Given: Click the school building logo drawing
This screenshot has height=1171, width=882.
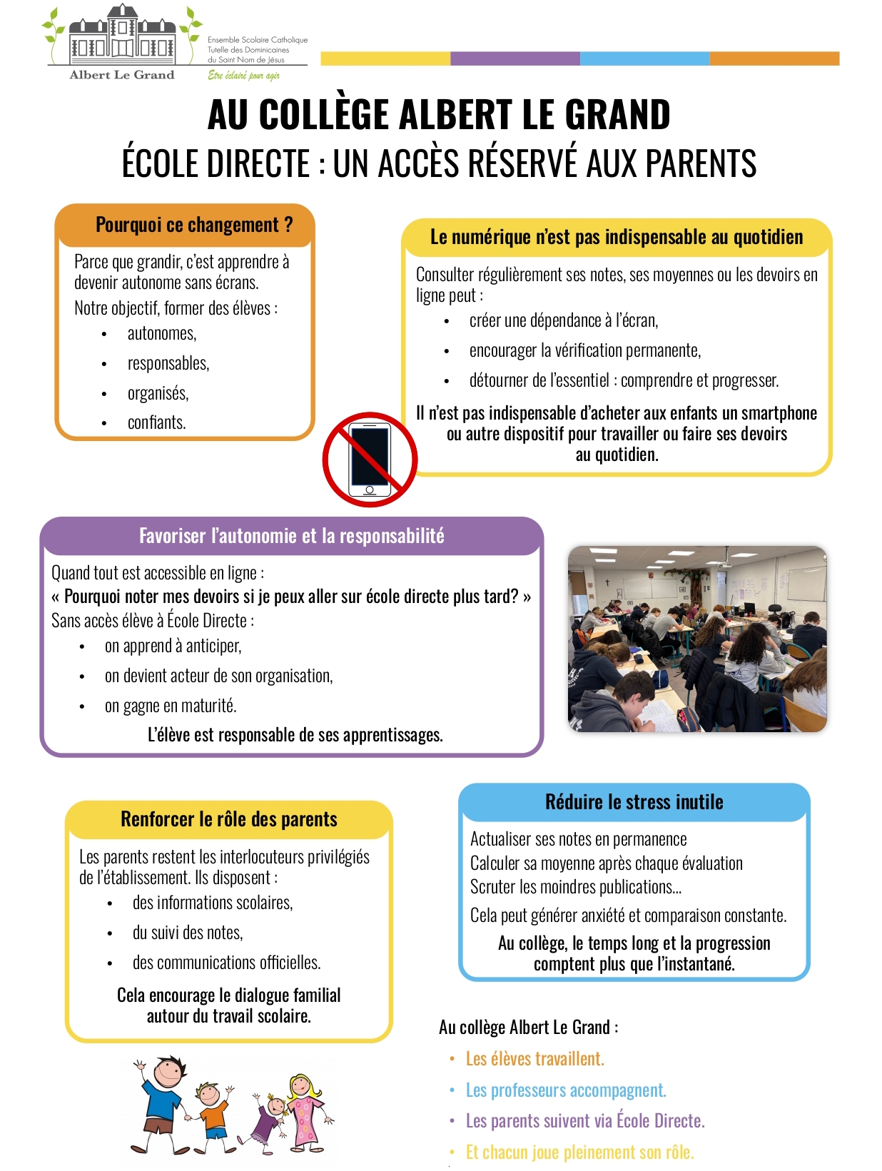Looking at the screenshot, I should (x=122, y=36).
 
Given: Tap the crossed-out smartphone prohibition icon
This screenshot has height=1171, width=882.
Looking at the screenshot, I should (x=370, y=460).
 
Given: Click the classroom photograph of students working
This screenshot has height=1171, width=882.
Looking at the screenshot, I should (x=697, y=639).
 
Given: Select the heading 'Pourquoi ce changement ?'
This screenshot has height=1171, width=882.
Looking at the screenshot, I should (x=194, y=225).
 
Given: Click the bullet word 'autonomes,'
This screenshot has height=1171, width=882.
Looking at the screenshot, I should (x=162, y=333).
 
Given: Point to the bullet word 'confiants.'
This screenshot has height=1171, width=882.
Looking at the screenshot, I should (x=156, y=422).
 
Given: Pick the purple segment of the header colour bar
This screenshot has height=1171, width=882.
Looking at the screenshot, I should (x=515, y=59).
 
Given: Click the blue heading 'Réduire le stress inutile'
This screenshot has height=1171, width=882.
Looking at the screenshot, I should (x=634, y=802).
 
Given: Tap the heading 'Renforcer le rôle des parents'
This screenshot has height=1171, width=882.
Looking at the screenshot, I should (x=229, y=819).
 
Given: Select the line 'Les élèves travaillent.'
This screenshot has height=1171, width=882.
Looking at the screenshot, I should (x=534, y=1059).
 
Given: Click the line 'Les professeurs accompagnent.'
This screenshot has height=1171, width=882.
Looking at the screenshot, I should (x=566, y=1090).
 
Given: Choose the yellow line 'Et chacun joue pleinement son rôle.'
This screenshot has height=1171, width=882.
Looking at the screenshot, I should (x=579, y=1152).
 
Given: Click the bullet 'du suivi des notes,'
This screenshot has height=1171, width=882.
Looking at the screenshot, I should (x=188, y=933).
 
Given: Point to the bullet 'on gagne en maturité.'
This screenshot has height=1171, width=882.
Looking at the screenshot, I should (x=171, y=706).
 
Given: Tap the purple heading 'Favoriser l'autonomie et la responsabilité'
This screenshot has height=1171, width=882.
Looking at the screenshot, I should (x=291, y=536).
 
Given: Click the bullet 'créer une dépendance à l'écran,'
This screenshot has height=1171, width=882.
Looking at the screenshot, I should (x=564, y=321).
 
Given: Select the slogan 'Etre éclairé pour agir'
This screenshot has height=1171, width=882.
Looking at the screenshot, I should (x=243, y=76).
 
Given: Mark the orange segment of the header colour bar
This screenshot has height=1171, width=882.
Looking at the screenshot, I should (x=774, y=59).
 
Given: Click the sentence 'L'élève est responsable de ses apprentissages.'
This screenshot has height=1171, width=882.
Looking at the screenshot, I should (x=295, y=735).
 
